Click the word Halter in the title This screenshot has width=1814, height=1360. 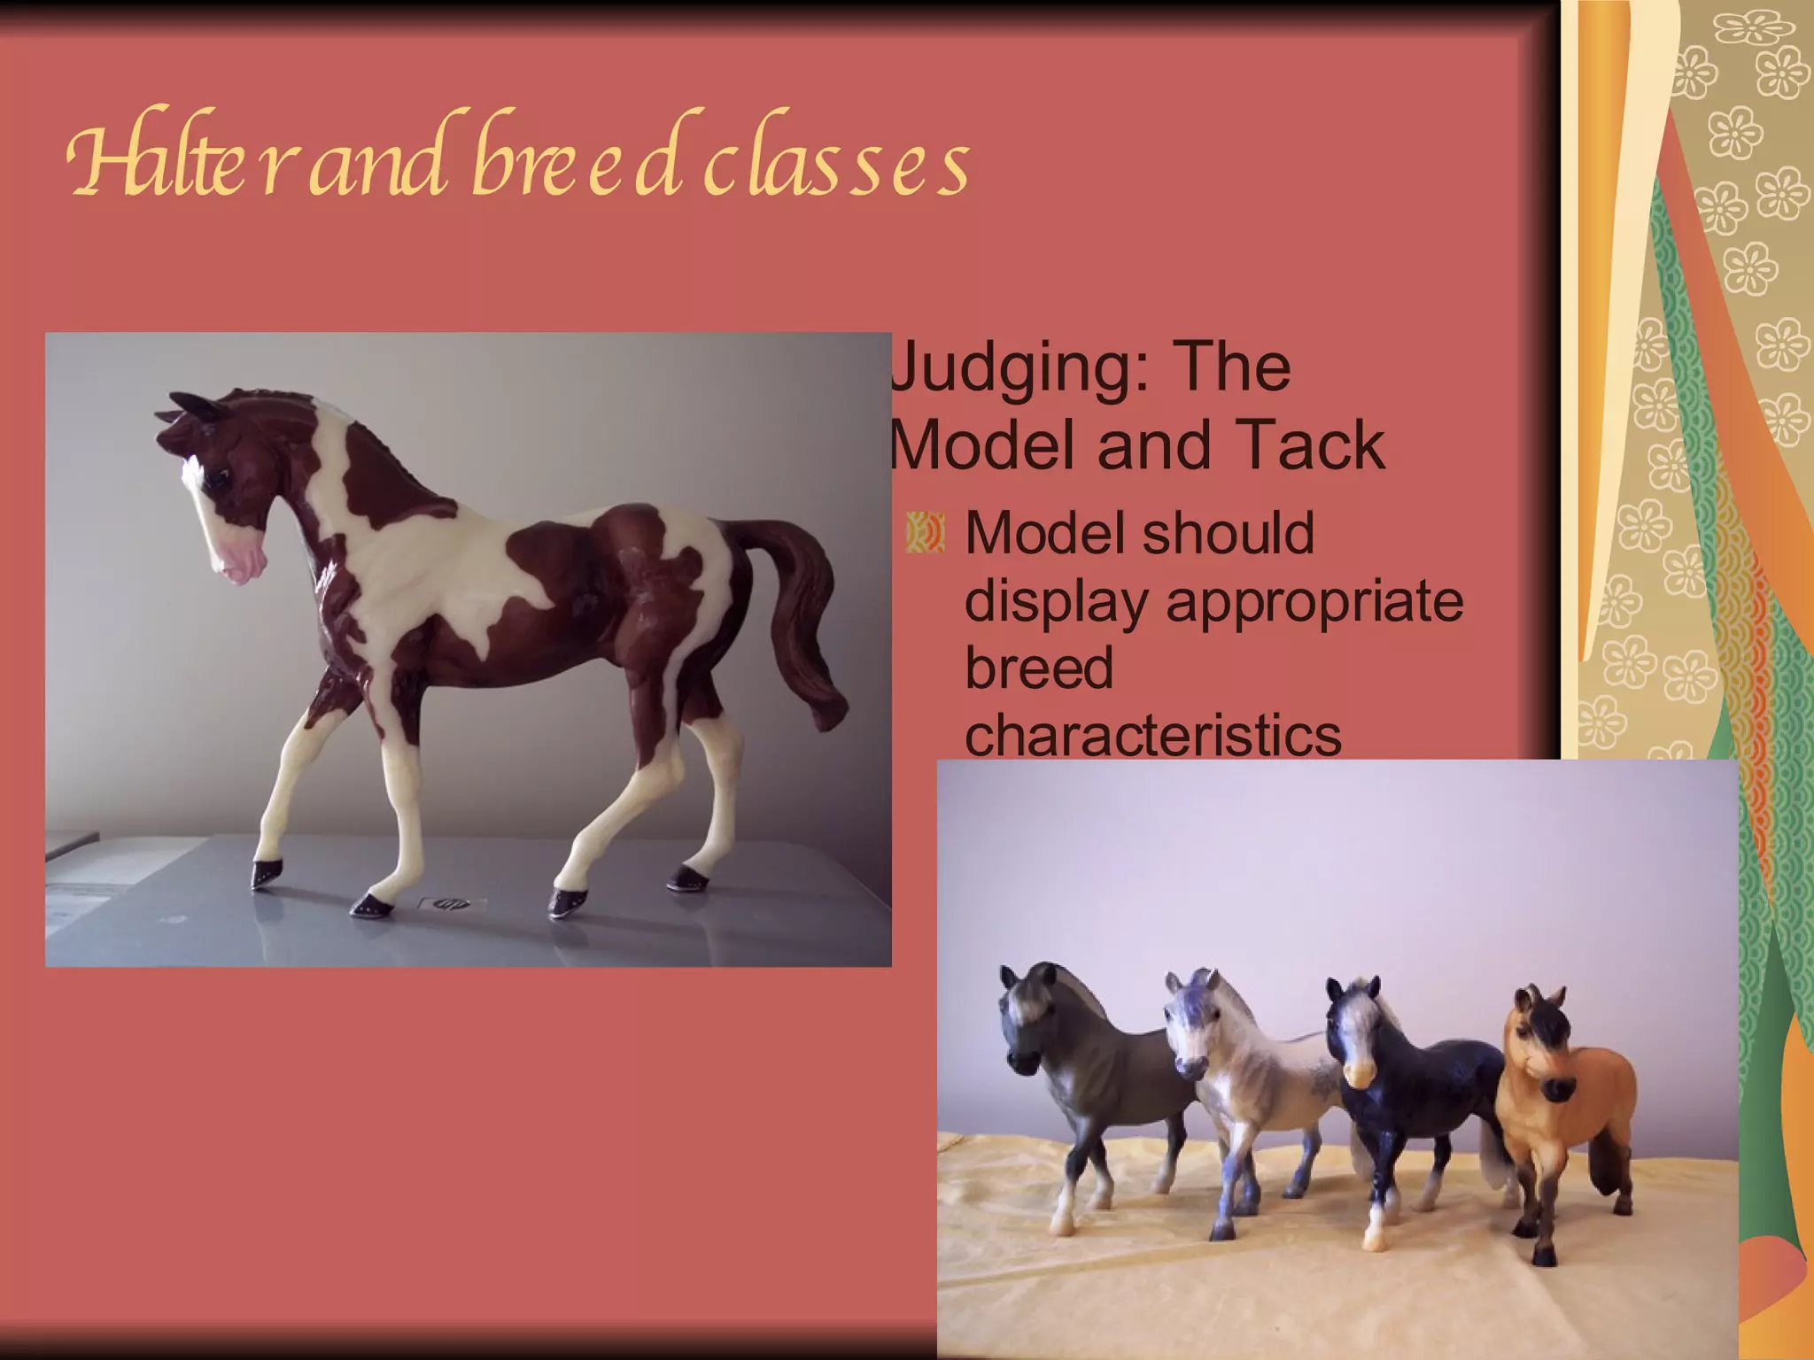(177, 164)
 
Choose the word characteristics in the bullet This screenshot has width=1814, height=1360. (1152, 735)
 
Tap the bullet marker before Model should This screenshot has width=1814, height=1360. (926, 534)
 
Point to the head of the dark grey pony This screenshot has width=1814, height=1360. (1027, 1018)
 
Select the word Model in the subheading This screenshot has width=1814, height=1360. (984, 444)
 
